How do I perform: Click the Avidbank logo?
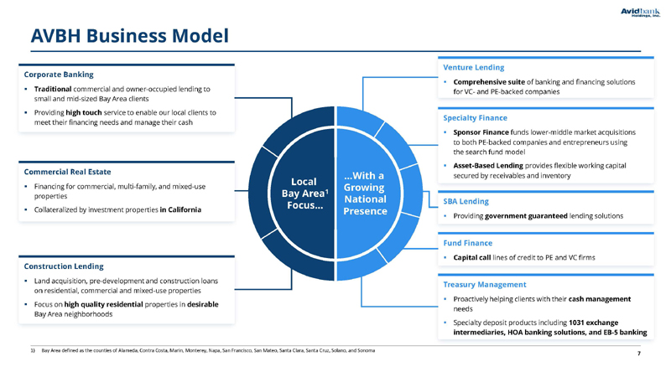point(640,13)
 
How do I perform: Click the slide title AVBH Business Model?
point(130,35)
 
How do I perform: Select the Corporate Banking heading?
point(59,75)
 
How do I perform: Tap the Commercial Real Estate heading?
point(67,172)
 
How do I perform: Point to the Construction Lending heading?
point(64,266)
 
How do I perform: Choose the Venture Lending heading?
point(474,68)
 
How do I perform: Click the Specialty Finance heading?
point(475,118)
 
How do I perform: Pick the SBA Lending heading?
point(466,201)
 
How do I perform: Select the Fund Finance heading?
point(468,243)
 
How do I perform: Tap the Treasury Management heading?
point(485,285)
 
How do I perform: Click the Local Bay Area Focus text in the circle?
point(304,194)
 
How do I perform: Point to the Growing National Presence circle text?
point(365,194)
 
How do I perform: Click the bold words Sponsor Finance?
point(481,132)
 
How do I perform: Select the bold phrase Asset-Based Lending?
point(488,165)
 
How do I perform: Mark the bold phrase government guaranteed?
point(526,216)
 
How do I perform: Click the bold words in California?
point(180,210)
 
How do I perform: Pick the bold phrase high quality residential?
point(103,304)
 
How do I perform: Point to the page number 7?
point(639,354)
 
